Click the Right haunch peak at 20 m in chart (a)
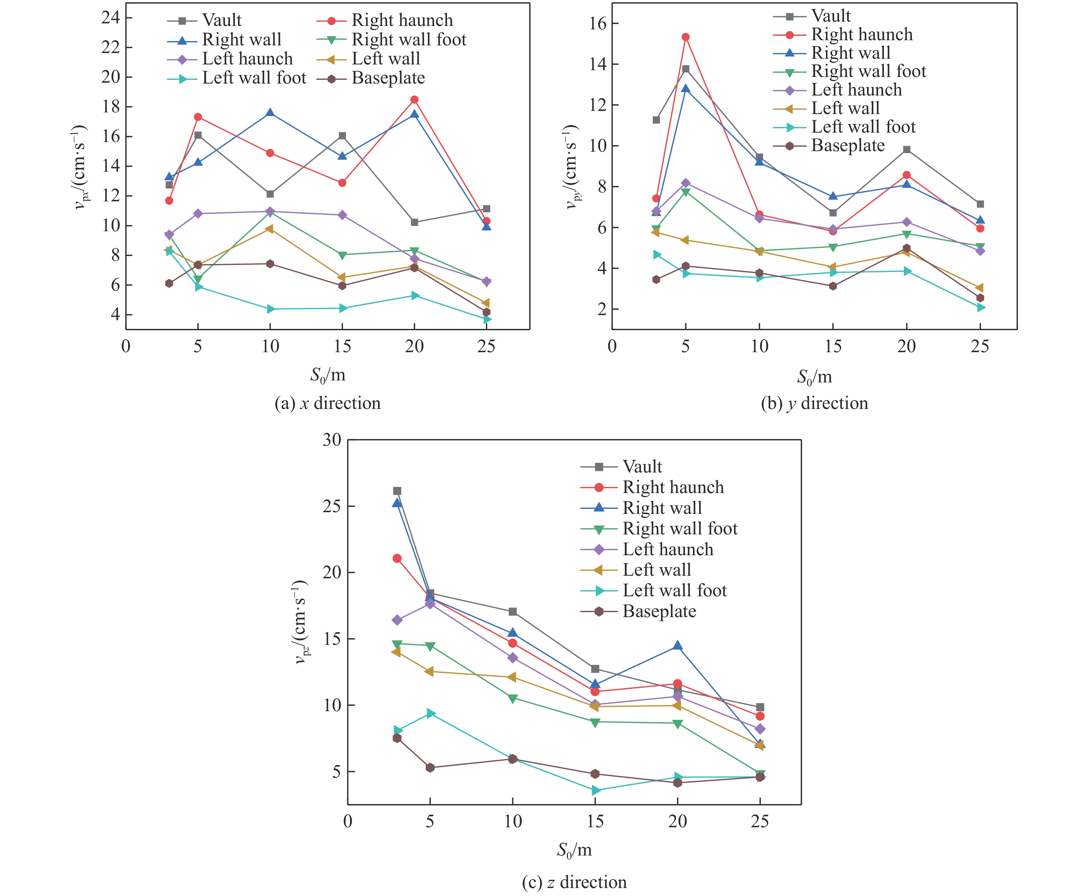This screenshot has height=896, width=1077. [414, 100]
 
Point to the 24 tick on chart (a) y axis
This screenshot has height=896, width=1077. [110, 18]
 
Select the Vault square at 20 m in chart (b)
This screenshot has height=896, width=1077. [907, 150]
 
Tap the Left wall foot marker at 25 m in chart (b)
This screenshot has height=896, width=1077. [980, 307]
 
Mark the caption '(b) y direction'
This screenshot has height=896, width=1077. [814, 403]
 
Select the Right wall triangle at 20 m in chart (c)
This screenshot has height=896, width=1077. [678, 646]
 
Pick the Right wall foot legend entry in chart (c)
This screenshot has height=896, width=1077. [680, 529]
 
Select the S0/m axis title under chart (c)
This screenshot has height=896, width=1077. [574, 850]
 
